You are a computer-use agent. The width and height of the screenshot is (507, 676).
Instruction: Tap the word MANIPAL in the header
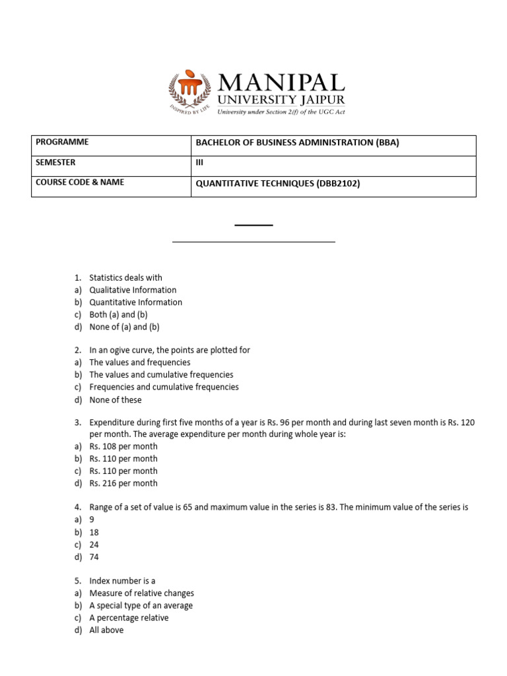281,83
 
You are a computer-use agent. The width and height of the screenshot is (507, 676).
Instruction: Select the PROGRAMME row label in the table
62,142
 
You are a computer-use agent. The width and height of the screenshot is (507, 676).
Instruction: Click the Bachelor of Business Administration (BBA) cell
298,143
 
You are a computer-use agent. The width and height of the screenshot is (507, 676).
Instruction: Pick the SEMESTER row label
55,162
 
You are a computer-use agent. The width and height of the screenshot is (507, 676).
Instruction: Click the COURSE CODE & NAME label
80,182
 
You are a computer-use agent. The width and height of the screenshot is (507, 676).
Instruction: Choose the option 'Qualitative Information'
133,290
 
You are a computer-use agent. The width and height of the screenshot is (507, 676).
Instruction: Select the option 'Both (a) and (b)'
118,315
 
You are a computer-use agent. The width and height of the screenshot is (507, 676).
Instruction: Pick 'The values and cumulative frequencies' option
161,375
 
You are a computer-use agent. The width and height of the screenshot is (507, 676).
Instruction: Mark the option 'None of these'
116,400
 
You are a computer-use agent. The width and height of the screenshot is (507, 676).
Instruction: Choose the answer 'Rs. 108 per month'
123,446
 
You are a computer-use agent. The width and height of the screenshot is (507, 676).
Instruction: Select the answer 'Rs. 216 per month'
123,483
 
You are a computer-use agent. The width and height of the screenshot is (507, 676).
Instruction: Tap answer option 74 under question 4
94,557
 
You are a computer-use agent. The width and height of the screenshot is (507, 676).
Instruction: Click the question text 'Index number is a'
122,581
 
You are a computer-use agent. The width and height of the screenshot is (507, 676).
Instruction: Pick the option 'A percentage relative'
129,618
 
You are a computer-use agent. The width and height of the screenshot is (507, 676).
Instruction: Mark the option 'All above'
106,630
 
